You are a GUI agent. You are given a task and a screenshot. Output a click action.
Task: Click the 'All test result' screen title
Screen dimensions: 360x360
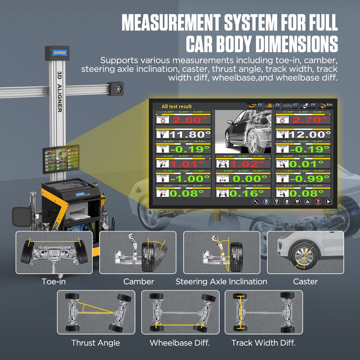click(176, 106)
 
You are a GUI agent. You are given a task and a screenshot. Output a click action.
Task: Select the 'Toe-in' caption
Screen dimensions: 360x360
click(54, 282)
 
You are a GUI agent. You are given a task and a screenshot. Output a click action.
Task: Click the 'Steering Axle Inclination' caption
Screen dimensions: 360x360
click(221, 282)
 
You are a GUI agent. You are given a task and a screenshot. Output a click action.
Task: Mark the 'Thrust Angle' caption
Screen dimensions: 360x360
click(95, 343)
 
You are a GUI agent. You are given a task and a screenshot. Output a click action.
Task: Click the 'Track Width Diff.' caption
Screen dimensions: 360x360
click(263, 343)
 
